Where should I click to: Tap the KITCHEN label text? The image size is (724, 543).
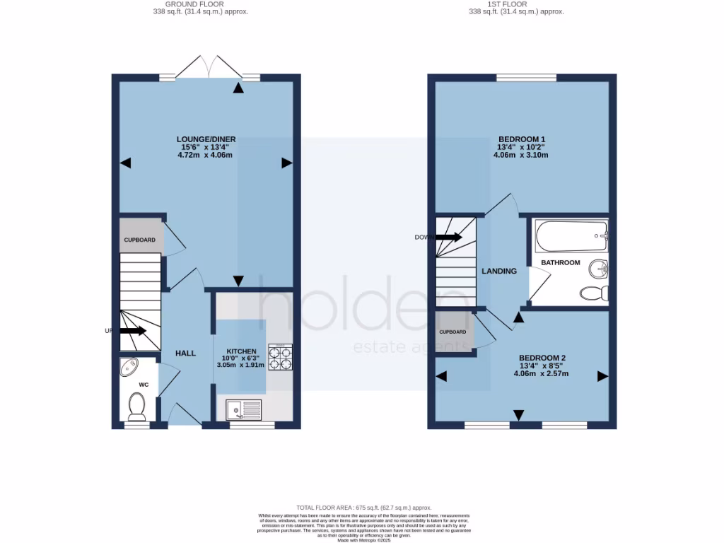(x=240, y=351)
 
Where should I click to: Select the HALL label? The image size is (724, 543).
(x=185, y=353)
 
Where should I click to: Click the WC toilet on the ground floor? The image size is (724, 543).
(x=136, y=406)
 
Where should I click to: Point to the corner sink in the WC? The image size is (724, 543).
(x=129, y=367)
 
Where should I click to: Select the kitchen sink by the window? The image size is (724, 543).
(x=243, y=409)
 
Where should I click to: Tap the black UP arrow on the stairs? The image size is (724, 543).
(x=132, y=330)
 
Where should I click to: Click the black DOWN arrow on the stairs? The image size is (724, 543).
(x=448, y=237)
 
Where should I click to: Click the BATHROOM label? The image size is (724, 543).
(x=560, y=262)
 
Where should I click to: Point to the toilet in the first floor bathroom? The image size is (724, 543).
(x=593, y=292)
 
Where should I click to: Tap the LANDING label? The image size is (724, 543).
(x=499, y=271)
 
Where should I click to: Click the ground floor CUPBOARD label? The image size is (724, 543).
(x=140, y=240)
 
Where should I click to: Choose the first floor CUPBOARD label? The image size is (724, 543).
(x=452, y=332)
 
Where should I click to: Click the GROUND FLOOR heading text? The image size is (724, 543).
(x=201, y=4)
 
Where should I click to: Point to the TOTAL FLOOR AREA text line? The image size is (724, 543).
(x=363, y=508)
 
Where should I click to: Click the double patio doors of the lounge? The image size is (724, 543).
(x=209, y=67)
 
